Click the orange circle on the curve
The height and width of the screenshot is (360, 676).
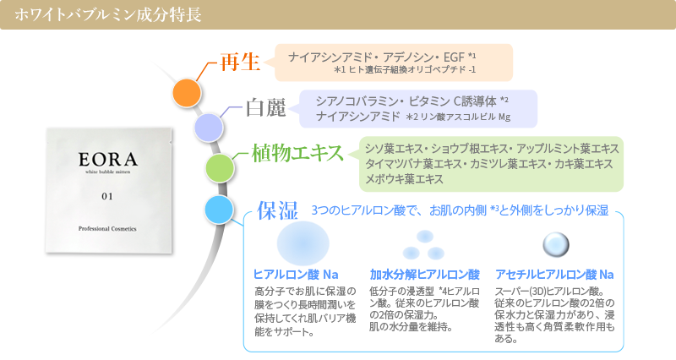pyautogui.click(x=187, y=93)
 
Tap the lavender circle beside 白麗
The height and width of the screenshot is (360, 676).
pyautogui.click(x=209, y=128)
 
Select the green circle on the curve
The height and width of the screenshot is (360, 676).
pyautogui.click(x=220, y=167)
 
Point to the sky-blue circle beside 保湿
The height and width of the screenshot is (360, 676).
pyautogui.click(x=219, y=210)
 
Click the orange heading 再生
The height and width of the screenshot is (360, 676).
pyautogui.click(x=240, y=62)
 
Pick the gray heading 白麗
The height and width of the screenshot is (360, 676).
pyautogui.click(x=266, y=107)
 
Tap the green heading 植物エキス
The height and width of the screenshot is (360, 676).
pyautogui.click(x=297, y=153)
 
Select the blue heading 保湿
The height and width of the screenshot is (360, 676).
pyautogui.click(x=278, y=210)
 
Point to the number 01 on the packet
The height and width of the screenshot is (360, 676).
pyautogui.click(x=107, y=196)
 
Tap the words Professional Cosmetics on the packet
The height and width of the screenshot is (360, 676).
pyautogui.click(x=107, y=228)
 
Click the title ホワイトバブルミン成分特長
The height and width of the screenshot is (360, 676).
pyautogui.click(x=108, y=14)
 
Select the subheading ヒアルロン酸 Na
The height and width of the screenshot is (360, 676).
pyautogui.click(x=296, y=274)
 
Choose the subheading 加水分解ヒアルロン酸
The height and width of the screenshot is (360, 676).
pyautogui.click(x=425, y=274)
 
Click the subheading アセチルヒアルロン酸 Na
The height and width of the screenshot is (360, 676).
pyautogui.click(x=554, y=274)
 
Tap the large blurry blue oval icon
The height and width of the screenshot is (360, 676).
pyautogui.click(x=303, y=243)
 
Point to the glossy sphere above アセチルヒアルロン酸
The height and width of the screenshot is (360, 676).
pyautogui.click(x=556, y=244)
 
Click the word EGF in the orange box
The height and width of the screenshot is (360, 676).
pyautogui.click(x=454, y=57)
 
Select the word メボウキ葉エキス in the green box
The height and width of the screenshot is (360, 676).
pyautogui.click(x=404, y=179)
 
